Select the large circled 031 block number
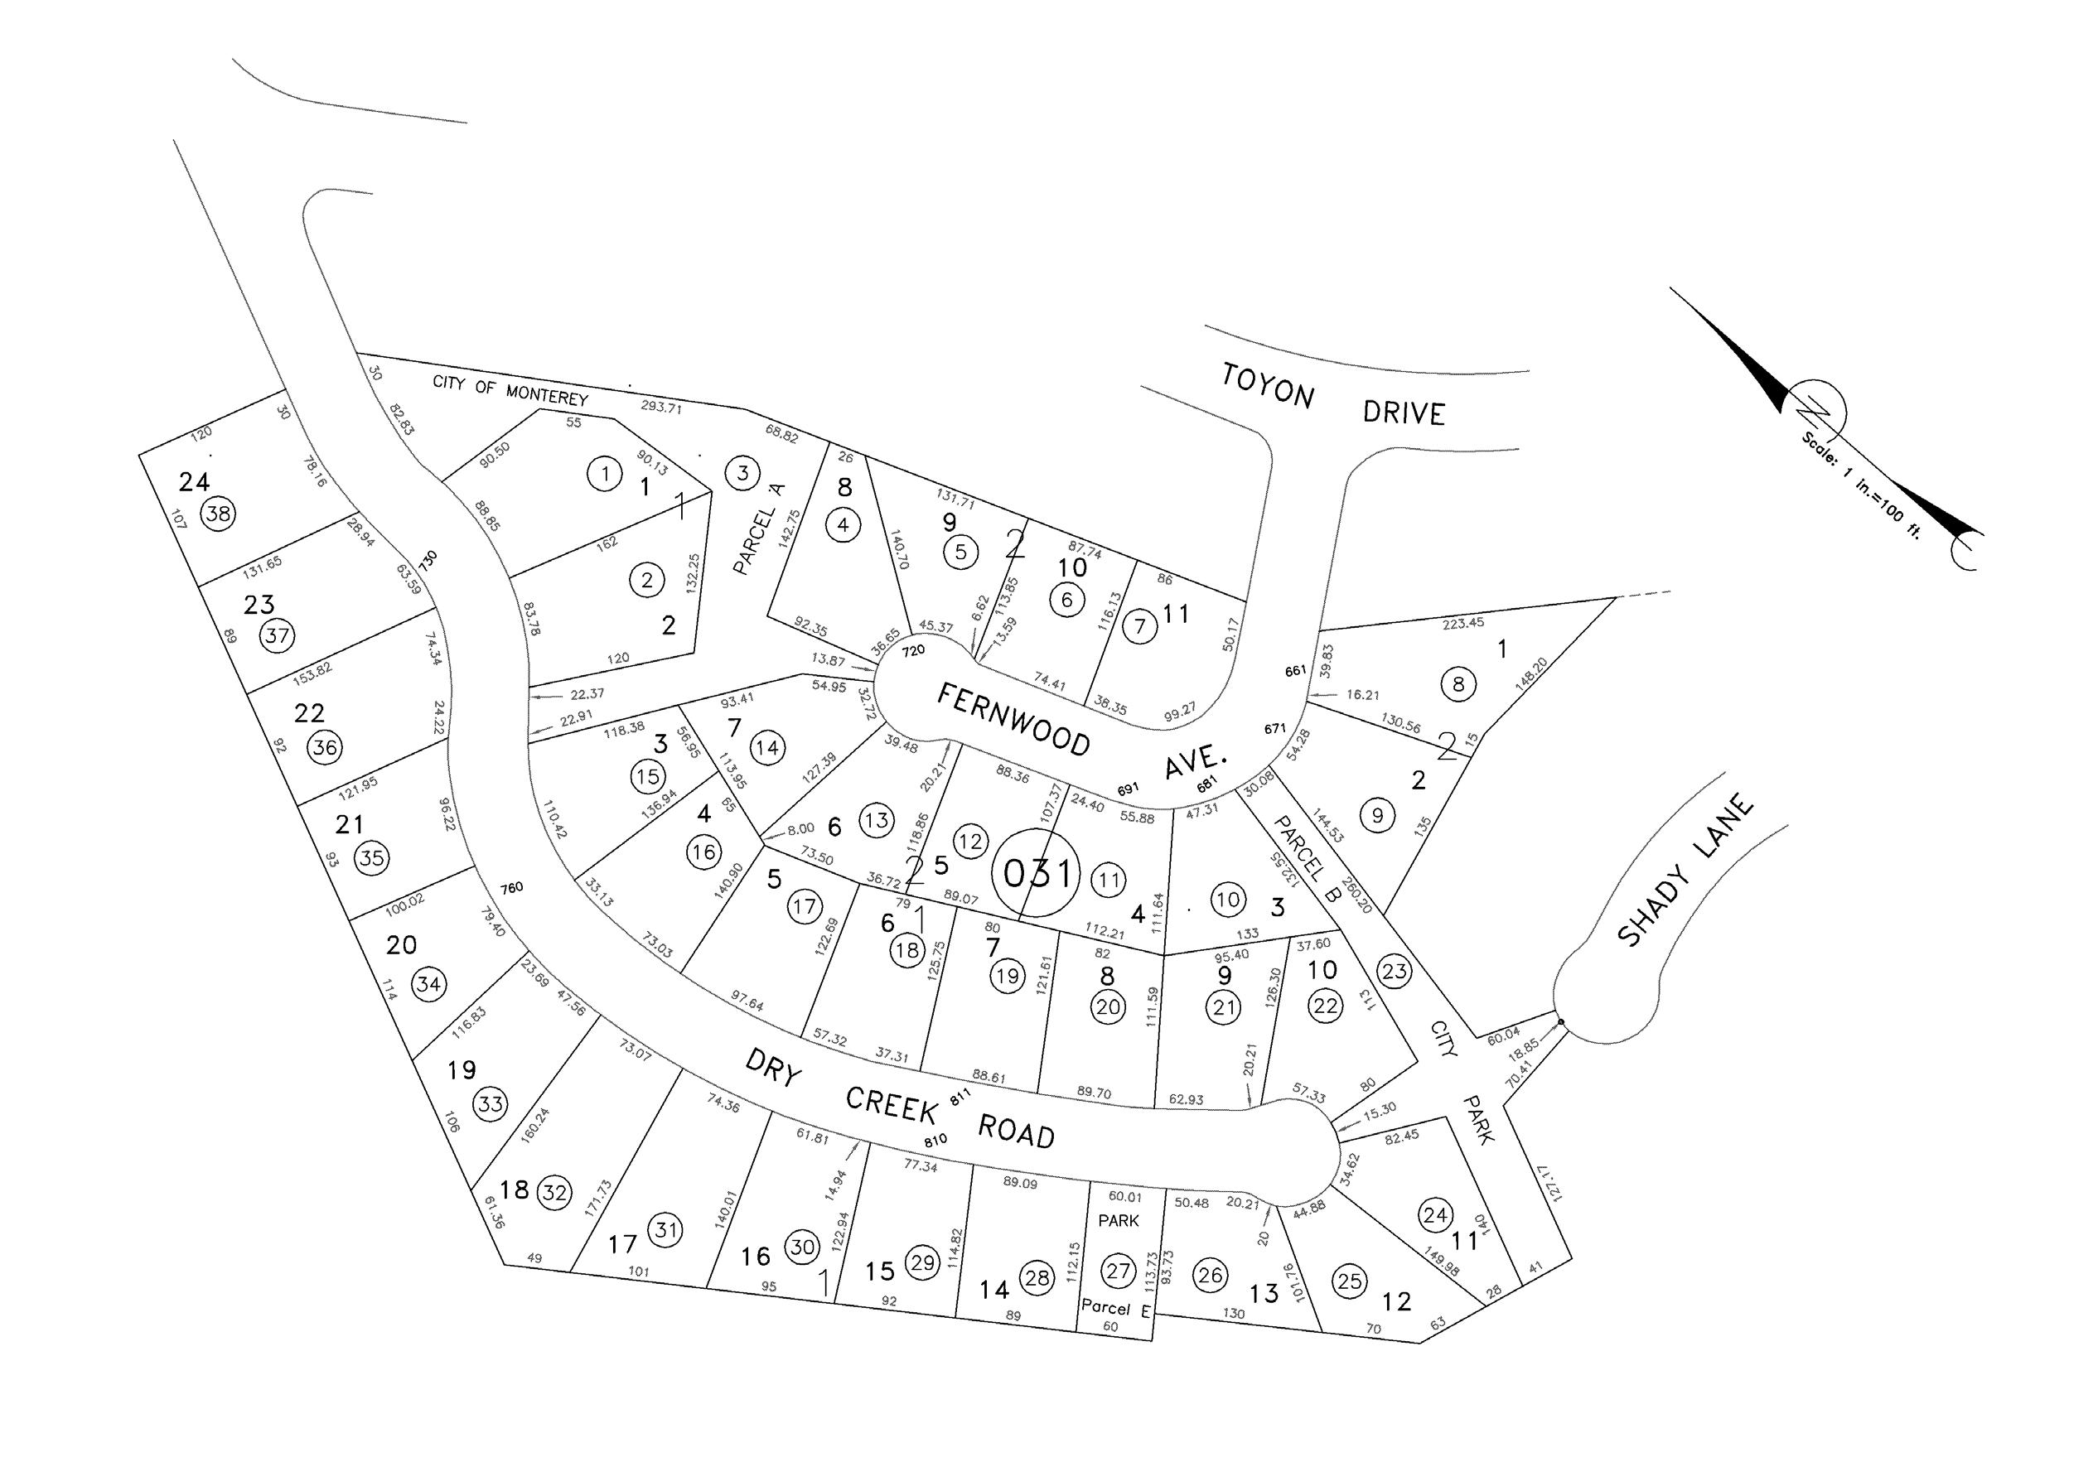coord(1037,874)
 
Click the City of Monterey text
coord(510,390)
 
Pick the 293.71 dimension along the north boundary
coord(660,408)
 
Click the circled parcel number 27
coord(1119,1270)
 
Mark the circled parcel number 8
coord(1457,684)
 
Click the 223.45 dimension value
coord(1463,623)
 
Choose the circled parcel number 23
coord(1395,971)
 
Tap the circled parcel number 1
coord(604,474)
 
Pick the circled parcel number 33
coord(491,1103)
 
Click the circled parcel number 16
coord(703,853)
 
